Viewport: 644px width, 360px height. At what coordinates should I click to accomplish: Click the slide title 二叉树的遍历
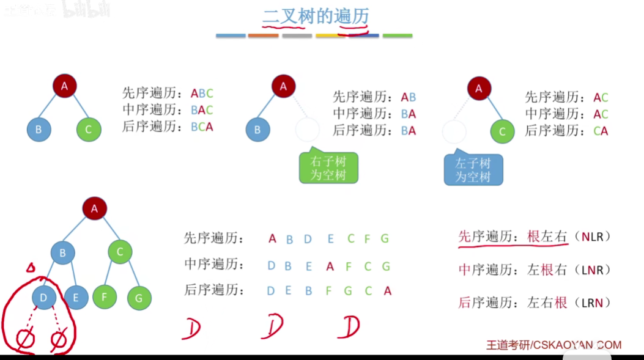[316, 17]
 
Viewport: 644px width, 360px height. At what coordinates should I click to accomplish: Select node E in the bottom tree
[76, 297]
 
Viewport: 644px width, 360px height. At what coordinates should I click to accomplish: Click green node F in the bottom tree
[105, 296]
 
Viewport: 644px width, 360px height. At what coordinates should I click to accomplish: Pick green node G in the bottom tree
[139, 298]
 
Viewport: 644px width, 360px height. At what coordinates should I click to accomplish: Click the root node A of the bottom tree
[94, 208]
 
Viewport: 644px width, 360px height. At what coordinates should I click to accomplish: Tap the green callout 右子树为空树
[328, 168]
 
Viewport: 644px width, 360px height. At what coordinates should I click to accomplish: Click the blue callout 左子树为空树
[473, 170]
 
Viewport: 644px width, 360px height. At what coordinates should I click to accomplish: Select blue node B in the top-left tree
[39, 130]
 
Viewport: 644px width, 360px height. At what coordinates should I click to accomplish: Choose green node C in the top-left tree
[89, 130]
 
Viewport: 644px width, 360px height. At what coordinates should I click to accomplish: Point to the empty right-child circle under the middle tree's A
[307, 130]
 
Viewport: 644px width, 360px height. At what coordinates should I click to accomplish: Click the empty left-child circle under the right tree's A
[454, 131]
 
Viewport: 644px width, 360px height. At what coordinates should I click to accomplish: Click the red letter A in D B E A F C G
[330, 266]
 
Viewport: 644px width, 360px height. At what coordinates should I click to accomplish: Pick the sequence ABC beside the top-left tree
[202, 94]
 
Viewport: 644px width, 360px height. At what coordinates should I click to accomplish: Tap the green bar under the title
[398, 35]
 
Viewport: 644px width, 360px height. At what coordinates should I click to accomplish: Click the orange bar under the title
[263, 35]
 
